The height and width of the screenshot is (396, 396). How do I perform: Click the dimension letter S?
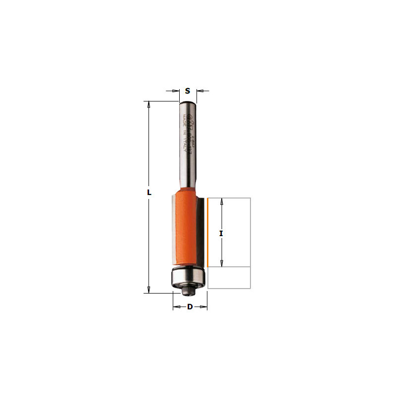[188, 91]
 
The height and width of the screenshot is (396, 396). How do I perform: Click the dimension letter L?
[148, 193]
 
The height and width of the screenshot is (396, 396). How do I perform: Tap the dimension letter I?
[221, 232]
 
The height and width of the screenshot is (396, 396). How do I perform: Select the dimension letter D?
[190, 307]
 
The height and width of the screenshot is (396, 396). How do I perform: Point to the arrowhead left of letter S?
[176, 91]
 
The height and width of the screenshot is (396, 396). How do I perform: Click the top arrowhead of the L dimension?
[148, 104]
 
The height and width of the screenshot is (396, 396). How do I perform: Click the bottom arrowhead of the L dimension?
[148, 290]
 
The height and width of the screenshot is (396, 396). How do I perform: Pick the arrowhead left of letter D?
[176, 307]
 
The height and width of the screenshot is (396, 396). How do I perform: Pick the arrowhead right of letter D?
[204, 307]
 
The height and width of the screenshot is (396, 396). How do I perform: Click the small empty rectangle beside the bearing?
[229, 278]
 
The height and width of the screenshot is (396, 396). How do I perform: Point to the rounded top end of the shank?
[188, 102]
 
